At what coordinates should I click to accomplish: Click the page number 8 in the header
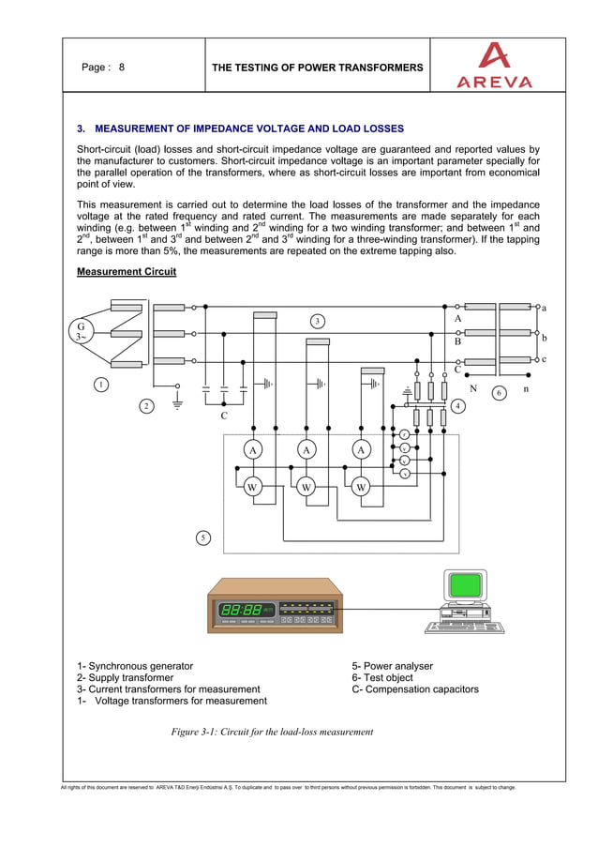point(122,68)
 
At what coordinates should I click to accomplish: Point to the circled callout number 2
point(146,405)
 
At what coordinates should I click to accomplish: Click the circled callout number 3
point(318,322)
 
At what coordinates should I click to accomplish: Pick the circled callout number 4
point(457,405)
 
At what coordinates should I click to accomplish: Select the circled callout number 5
point(203,537)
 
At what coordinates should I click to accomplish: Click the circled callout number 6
point(499,392)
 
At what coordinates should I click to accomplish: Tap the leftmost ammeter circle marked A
point(252,450)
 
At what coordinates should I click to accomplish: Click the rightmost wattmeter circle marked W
point(361,488)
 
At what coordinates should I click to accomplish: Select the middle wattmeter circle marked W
point(306,488)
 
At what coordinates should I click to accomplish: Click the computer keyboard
point(456,627)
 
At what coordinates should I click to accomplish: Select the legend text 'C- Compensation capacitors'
point(415,689)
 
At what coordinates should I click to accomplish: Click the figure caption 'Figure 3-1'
point(272,732)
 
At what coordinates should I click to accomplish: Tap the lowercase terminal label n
point(526,386)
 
